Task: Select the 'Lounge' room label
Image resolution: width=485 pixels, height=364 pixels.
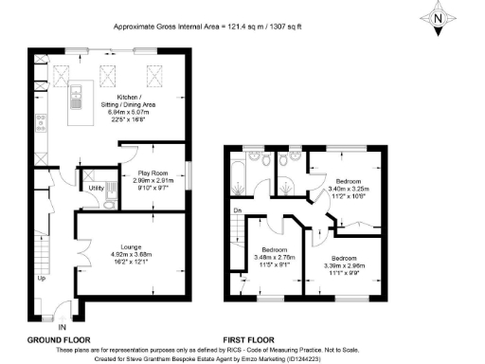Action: click(130, 246)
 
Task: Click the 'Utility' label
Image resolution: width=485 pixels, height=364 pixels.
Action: click(96, 189)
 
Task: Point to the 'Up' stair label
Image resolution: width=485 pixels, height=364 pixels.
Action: click(41, 279)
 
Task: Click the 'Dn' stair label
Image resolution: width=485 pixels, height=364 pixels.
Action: click(238, 210)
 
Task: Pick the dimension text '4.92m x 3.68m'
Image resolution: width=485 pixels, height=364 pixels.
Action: click(130, 255)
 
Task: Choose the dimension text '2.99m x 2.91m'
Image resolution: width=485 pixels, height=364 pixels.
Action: click(154, 181)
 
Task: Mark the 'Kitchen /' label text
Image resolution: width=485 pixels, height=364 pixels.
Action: click(129, 98)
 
